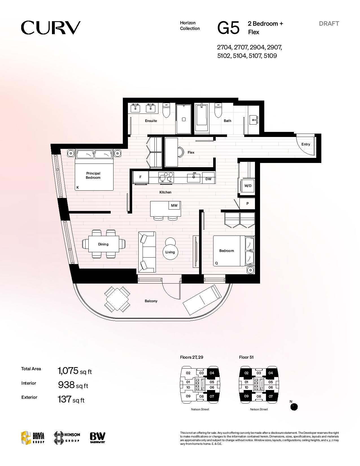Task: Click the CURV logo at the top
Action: (x=51, y=28)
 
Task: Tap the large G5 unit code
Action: (x=228, y=28)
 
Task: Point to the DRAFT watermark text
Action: (x=329, y=24)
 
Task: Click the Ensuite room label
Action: (x=151, y=121)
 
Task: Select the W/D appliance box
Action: (x=248, y=186)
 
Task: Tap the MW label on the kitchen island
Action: (x=174, y=205)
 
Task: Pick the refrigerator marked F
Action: (x=140, y=177)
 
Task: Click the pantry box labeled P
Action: (x=247, y=204)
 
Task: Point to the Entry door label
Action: (x=306, y=144)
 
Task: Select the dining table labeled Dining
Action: (x=104, y=244)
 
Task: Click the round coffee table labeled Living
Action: (x=170, y=252)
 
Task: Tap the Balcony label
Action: (x=151, y=301)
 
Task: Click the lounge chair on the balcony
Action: (x=202, y=298)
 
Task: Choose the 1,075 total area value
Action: (x=68, y=371)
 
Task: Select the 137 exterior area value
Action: (x=64, y=399)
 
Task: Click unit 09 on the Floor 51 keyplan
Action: (x=246, y=396)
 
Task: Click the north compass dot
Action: (x=294, y=407)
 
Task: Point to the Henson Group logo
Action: (x=67, y=437)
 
